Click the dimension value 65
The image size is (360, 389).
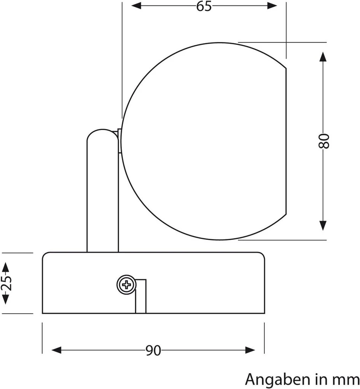click(204, 6)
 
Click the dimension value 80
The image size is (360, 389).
click(323, 141)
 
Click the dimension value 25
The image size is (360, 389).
click(6, 283)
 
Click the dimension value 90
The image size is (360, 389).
click(153, 350)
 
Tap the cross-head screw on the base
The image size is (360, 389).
click(126, 285)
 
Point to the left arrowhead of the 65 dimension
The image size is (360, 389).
click(136, 5)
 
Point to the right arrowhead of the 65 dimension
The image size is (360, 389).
click(272, 5)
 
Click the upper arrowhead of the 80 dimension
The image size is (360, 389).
click(323, 57)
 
